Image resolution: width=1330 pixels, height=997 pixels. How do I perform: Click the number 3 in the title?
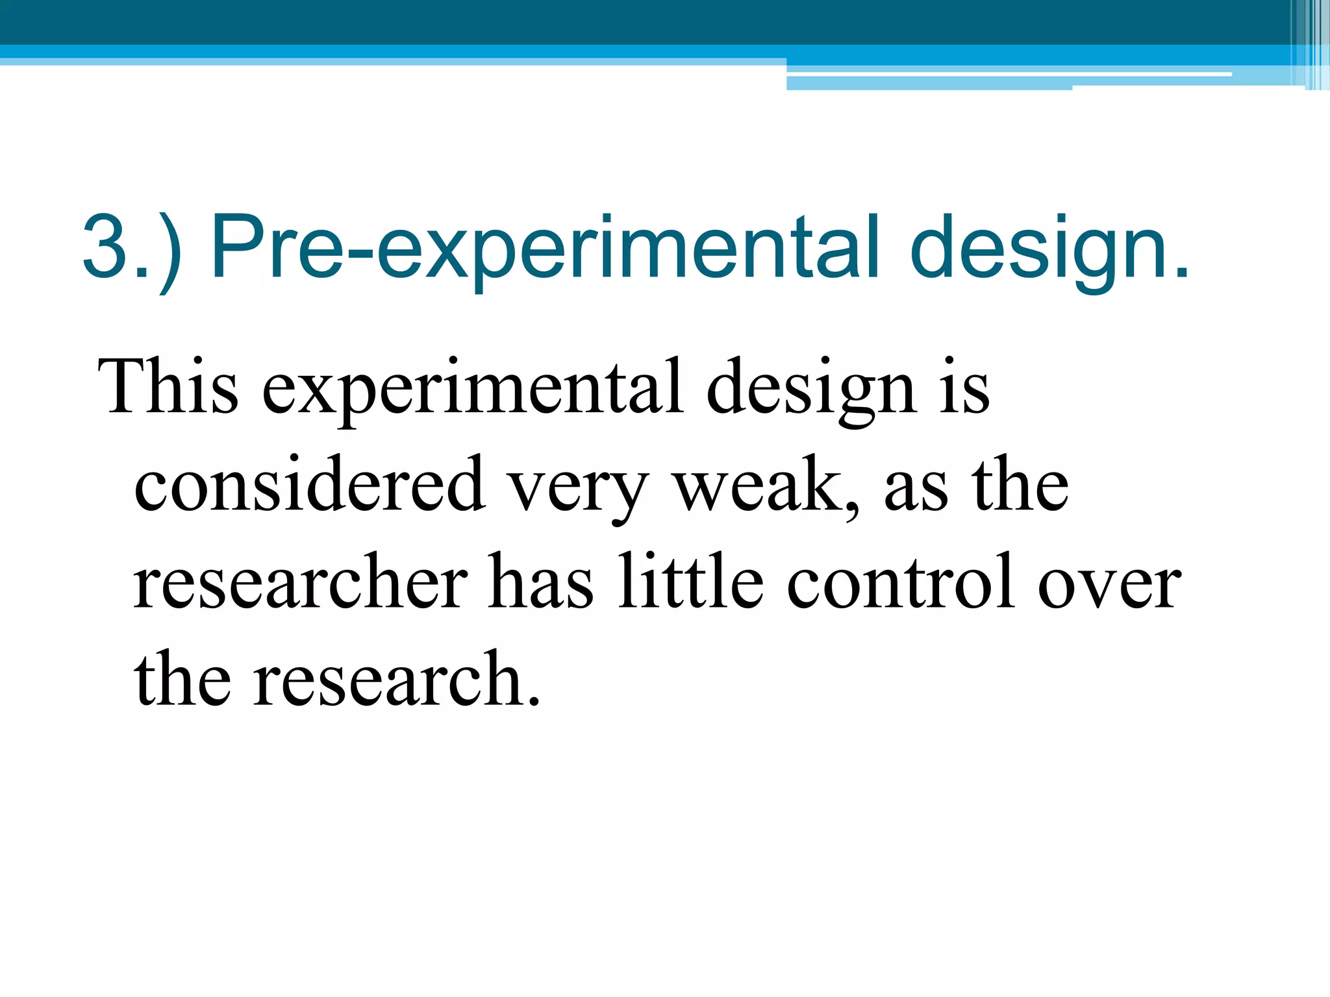coord(106,247)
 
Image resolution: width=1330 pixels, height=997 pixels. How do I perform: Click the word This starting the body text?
coord(168,387)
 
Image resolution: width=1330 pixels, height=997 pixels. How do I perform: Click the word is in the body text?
coord(965,388)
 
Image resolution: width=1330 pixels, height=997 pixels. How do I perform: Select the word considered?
coord(309,484)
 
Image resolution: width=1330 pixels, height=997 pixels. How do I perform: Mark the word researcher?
coord(301,582)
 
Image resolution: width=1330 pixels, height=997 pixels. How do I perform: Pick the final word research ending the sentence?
coord(395,679)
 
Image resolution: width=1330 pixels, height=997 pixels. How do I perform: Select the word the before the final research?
coord(182,679)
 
